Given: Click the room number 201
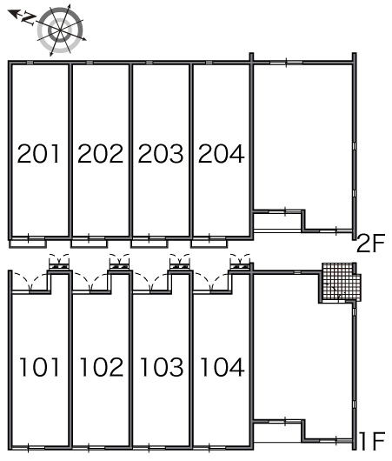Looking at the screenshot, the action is pos(38,153).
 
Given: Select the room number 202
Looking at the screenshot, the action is pos(100,153).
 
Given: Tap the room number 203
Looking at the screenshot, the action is pos(161,153).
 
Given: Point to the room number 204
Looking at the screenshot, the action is pos(222,153).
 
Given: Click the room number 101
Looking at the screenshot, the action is pos(39,367).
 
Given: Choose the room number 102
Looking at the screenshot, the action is pos(102,367).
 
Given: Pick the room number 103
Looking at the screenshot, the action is pos(162,367).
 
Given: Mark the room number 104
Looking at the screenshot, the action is pos(223,367).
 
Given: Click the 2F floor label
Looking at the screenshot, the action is pos(370,244).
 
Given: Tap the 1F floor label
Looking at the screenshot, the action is pos(372,441).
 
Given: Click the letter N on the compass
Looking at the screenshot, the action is pos(29,19).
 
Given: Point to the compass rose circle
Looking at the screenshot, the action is pos(60,30).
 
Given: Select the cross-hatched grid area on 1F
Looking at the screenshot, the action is pos(342,282).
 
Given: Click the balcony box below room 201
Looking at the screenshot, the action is pos(28,244).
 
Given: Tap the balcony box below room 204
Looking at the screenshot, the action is pos(209,244).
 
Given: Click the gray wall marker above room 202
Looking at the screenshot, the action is pos(90,63).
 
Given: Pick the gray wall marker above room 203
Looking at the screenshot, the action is pos(149,63).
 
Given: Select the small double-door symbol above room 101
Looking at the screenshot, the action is pos(59,261).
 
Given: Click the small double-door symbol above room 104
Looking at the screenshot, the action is pos(240,261).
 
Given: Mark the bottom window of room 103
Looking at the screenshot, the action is pos(149,448).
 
